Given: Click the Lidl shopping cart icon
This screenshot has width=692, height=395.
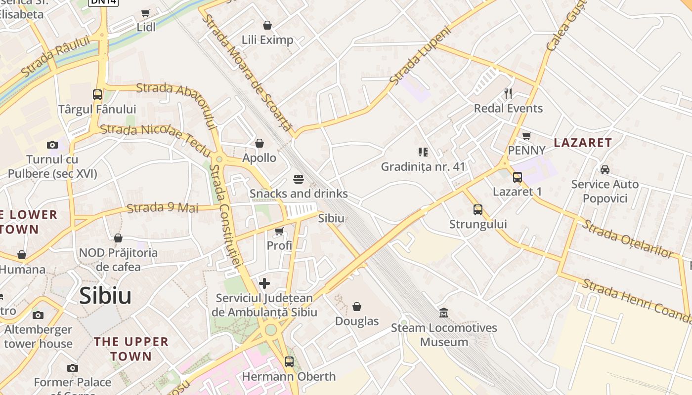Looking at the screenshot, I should pos(145,13).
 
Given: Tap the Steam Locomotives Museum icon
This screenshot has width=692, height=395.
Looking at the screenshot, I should pos(443,313).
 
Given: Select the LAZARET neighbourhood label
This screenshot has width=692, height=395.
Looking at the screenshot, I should pos(583,143).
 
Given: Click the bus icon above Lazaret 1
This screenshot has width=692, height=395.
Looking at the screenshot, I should pos(517,177).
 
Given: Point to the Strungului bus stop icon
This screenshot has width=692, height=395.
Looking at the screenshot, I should pos(477,210).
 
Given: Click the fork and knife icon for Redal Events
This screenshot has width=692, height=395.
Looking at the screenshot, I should pos(508,93).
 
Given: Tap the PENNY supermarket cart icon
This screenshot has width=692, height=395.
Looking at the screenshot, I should pos(526,136).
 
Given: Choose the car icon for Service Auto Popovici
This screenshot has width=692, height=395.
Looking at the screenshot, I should pos(604,170).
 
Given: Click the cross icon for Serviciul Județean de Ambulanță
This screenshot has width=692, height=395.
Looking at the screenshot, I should pos(264,283).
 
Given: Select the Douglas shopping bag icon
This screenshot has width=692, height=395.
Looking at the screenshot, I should pos(356,307).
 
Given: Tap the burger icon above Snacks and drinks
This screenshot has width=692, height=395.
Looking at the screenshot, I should pos(298,179).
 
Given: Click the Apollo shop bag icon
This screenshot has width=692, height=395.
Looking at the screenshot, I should pos(259,143).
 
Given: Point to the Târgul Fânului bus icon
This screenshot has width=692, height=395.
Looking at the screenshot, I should pos(97,94).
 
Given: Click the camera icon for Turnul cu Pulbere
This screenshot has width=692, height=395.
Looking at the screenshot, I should pos(52,145).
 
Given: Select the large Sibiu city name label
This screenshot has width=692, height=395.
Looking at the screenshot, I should pos(105,296).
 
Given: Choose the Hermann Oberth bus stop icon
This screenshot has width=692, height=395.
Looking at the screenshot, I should pos(289,362).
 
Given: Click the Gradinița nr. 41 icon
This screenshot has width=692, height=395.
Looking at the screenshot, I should pos(423,152).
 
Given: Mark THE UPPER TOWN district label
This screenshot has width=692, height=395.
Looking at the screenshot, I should pos(131,349).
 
